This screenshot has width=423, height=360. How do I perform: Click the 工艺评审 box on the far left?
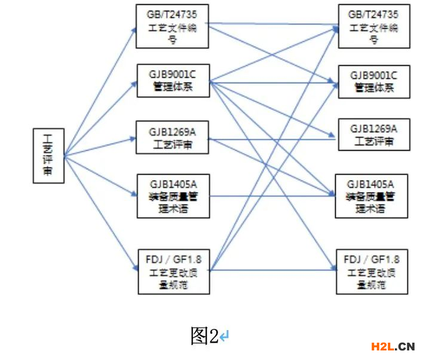pos(48,155)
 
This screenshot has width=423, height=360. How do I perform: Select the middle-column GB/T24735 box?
pos(171,26)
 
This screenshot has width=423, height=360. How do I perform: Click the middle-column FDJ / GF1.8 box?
pos(174,271)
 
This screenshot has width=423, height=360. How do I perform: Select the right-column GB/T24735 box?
pos(374,26)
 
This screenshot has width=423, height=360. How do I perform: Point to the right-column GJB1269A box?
pos(374,135)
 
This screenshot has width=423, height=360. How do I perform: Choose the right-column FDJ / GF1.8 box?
pos(372,271)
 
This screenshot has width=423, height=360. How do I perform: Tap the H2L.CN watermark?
pos(393,346)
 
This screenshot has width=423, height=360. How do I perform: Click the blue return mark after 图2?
pos(224,337)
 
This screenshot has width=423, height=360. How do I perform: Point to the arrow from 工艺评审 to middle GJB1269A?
pos(99,147)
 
